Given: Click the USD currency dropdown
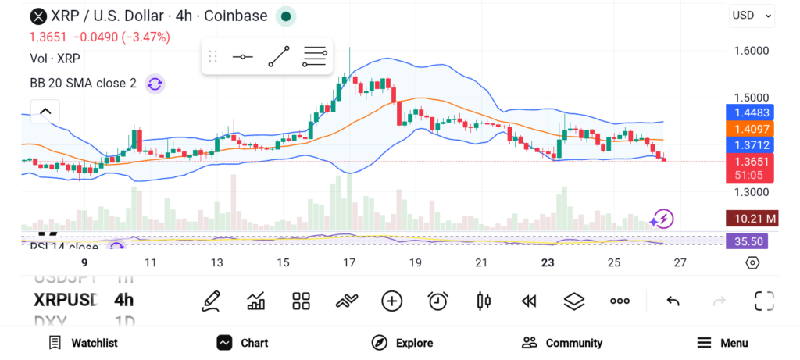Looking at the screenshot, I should point(752,15).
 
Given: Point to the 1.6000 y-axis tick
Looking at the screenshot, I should point(751,51).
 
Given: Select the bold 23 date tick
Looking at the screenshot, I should point(548,262).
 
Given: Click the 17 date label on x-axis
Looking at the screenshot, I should point(349,262).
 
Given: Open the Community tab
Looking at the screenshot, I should point(562,343).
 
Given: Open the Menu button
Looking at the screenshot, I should point(722,343).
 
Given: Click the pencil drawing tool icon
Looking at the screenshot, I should point(211,301).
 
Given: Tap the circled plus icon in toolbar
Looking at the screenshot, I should point(391,301).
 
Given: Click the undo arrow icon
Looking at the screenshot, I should point(673,301).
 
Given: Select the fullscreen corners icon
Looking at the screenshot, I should point(763,301).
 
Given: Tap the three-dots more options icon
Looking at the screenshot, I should point(620,301).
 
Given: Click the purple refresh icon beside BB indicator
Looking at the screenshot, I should point(155,84).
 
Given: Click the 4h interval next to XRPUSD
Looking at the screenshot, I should point(123,300).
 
